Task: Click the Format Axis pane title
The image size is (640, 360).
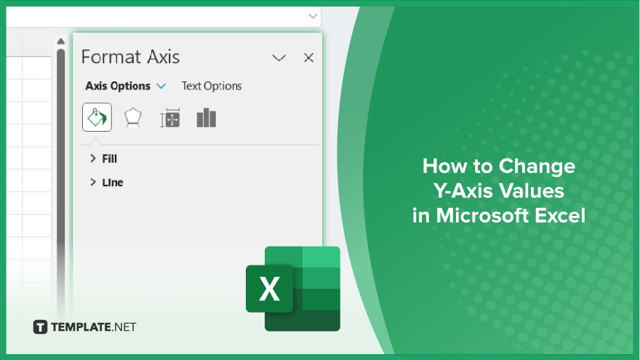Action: click(131, 57)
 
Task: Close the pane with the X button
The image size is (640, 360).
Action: click(308, 57)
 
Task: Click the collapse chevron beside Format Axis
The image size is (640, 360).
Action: click(279, 58)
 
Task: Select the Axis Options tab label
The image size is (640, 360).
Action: click(118, 86)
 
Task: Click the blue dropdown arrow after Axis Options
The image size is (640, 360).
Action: click(161, 86)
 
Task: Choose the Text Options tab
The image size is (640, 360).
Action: click(212, 86)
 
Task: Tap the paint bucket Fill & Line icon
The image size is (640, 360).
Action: click(97, 117)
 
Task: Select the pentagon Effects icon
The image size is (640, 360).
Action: click(133, 118)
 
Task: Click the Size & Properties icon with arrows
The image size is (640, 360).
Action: click(170, 118)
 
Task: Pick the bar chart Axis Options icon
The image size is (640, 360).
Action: click(207, 118)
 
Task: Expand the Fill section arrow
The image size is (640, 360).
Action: click(92, 159)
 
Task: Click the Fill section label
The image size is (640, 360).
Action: click(109, 159)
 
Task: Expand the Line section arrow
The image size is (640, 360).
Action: click(92, 182)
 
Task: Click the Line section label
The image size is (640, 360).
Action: click(113, 183)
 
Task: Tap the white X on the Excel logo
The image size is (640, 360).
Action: click(269, 289)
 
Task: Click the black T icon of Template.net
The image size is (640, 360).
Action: click(40, 327)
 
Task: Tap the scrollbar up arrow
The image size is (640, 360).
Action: click(61, 41)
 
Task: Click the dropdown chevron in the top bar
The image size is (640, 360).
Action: click(313, 16)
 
